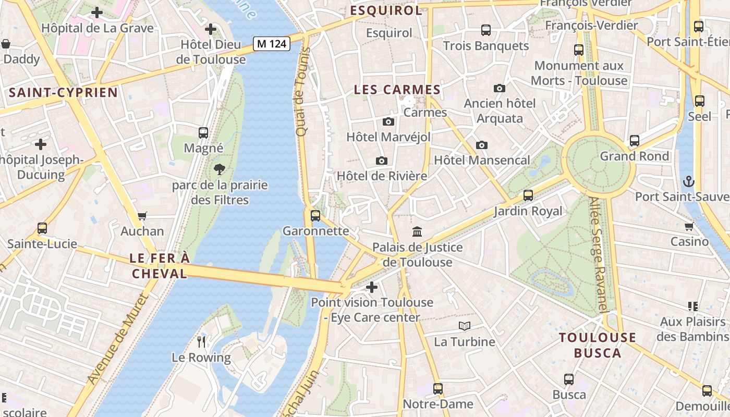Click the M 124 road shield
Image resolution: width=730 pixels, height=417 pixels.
(x=272, y=44)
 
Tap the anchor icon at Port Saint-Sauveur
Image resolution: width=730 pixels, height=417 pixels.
(x=689, y=181)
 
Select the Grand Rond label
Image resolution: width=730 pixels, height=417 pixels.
(x=634, y=156)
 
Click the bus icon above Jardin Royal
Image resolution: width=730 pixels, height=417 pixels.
(x=528, y=195)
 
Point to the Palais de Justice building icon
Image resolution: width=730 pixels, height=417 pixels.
(x=417, y=231)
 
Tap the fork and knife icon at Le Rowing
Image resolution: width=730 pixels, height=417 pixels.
(x=201, y=342)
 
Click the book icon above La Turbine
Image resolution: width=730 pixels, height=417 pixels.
(x=464, y=326)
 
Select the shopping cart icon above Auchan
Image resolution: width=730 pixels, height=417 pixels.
(x=142, y=216)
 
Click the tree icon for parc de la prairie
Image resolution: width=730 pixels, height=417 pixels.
(x=220, y=169)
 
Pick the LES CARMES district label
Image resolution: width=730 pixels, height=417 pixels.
(x=397, y=90)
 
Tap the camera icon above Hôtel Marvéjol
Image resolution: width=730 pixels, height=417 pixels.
(x=388, y=121)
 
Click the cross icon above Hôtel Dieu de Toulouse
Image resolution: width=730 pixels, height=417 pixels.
(x=211, y=29)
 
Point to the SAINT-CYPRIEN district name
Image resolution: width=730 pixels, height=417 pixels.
(x=64, y=93)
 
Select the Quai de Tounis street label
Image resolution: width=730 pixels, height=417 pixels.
(x=302, y=92)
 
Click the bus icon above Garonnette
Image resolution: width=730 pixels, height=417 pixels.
(x=315, y=215)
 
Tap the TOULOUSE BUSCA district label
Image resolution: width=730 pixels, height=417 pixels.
(x=598, y=345)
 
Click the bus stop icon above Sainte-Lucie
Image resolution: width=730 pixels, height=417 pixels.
(x=42, y=228)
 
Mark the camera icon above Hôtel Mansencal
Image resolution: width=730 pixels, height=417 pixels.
(x=481, y=145)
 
